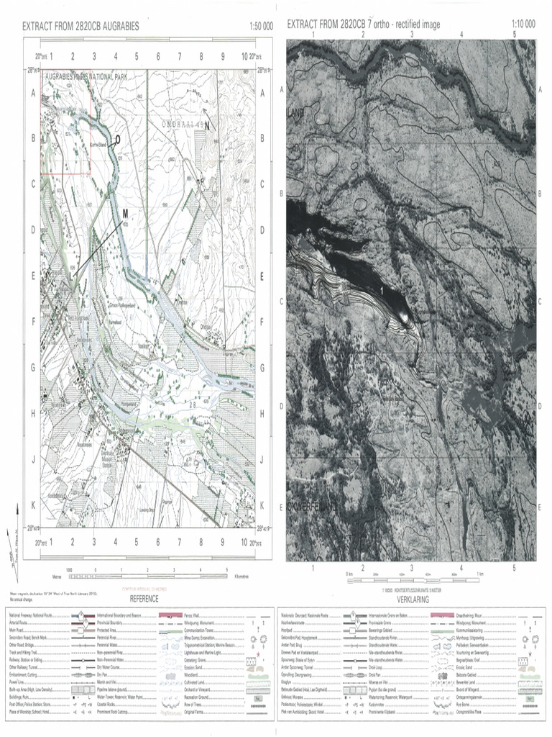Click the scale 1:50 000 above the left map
tap(261, 26)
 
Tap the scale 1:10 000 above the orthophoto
tap(523, 24)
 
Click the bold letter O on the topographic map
tap(118, 140)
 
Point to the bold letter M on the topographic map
tap(124, 214)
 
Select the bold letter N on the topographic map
tap(207, 126)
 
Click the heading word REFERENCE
tap(144, 599)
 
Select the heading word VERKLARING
tap(408, 599)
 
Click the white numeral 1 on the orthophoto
tap(381, 289)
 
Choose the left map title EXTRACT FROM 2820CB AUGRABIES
tap(80, 26)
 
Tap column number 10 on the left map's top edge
tap(244, 55)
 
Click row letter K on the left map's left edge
tap(32, 505)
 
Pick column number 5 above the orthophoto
tap(514, 34)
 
